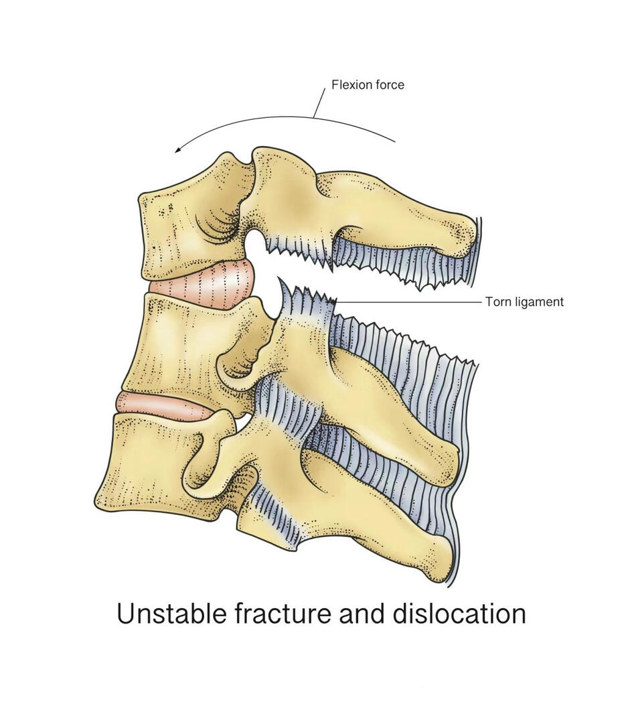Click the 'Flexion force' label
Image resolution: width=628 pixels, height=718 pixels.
coord(368,84)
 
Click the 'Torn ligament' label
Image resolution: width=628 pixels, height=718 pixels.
coord(524,302)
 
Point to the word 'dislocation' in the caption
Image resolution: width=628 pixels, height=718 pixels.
coord(459,614)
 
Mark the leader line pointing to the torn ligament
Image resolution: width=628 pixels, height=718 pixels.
coord(410,302)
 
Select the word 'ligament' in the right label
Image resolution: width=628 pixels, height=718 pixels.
coord(539,302)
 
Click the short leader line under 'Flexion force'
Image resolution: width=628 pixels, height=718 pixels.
coord(319,103)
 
